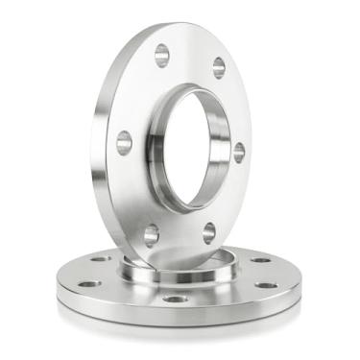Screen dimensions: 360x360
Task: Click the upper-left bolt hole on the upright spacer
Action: coord(161,55)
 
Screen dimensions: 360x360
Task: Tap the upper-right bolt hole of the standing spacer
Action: coord(219,67)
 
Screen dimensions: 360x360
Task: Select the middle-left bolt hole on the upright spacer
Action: coord(124,143)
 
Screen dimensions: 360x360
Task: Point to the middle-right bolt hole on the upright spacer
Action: coord(239,152)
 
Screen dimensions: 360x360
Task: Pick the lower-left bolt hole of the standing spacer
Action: coord(151,233)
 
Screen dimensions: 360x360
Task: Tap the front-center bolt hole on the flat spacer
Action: coord(175,299)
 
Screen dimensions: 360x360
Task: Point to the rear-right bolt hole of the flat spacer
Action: coord(261,260)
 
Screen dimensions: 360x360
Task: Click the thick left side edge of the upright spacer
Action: coord(105,144)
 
